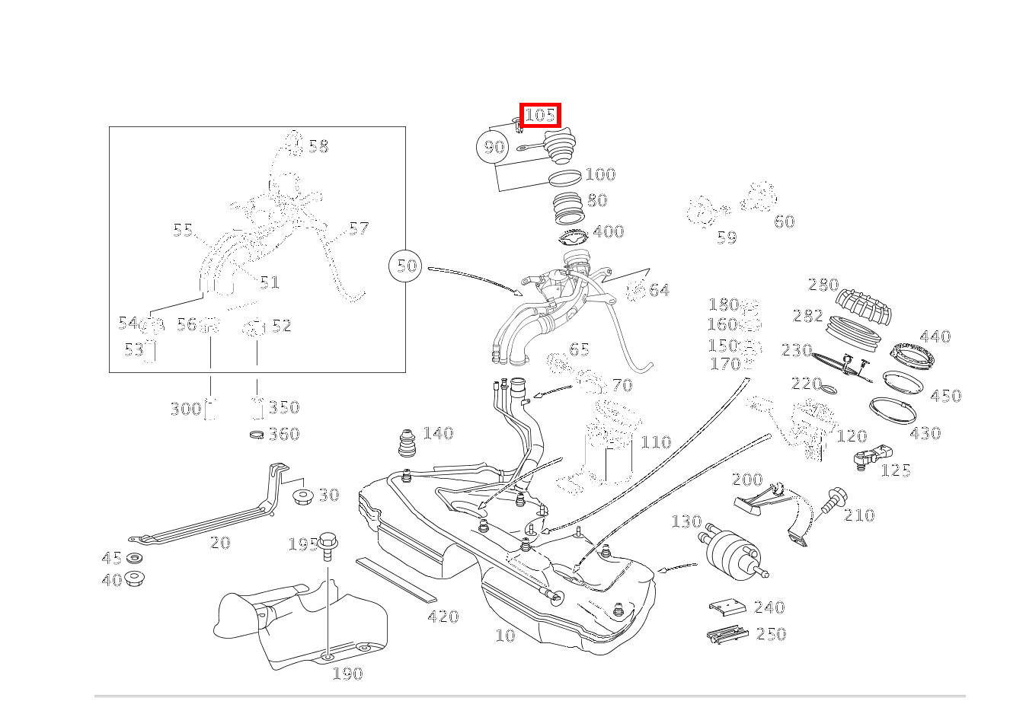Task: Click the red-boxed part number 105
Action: point(540,116)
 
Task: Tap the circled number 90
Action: point(494,146)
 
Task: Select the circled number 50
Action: point(407,266)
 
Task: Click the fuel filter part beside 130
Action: point(728,548)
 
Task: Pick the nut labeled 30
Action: point(303,497)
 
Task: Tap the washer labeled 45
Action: point(134,559)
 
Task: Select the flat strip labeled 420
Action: point(395,579)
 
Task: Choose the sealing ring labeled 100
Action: point(564,179)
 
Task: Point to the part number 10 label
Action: point(505,636)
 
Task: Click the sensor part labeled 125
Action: point(868,457)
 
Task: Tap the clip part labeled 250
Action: point(727,634)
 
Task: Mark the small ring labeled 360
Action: point(257,435)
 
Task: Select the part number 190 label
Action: point(347,674)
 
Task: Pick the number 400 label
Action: point(608,231)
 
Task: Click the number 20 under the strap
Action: point(219,543)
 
